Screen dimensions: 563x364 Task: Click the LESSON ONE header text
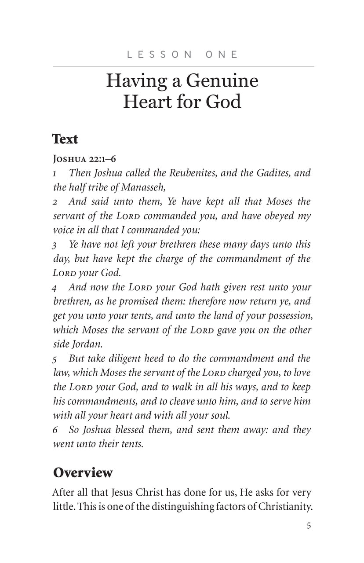[182, 55]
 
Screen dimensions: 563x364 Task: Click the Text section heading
[65, 139]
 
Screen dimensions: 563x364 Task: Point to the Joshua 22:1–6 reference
[84, 158]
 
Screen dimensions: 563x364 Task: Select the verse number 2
[55, 202]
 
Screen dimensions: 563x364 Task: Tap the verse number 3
[55, 245]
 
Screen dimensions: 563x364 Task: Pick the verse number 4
[55, 288]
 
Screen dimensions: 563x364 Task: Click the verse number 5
[55, 359]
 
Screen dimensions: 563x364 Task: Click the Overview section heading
[83, 472]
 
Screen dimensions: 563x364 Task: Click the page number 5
[309, 526]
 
